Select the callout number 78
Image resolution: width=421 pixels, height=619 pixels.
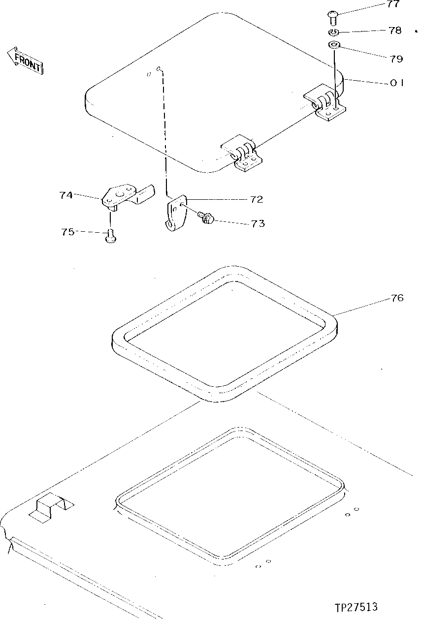pyautogui.click(x=394, y=31)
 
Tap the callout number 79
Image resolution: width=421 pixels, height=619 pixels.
pyautogui.click(x=396, y=59)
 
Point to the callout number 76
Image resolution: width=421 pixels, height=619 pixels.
pyautogui.click(x=397, y=298)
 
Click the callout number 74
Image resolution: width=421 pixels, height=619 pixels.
pyautogui.click(x=66, y=195)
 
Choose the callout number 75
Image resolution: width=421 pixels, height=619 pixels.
pyautogui.click(x=68, y=231)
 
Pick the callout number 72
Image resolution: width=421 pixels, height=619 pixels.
pyautogui.click(x=256, y=199)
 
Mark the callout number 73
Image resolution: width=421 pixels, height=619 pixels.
pyautogui.click(x=258, y=224)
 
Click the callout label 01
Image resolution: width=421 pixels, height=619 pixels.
pyautogui.click(x=397, y=83)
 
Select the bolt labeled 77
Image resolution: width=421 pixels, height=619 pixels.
pyautogui.click(x=332, y=18)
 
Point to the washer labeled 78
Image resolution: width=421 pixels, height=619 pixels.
pyautogui.click(x=333, y=33)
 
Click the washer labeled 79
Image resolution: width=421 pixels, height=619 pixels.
pyautogui.click(x=334, y=46)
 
